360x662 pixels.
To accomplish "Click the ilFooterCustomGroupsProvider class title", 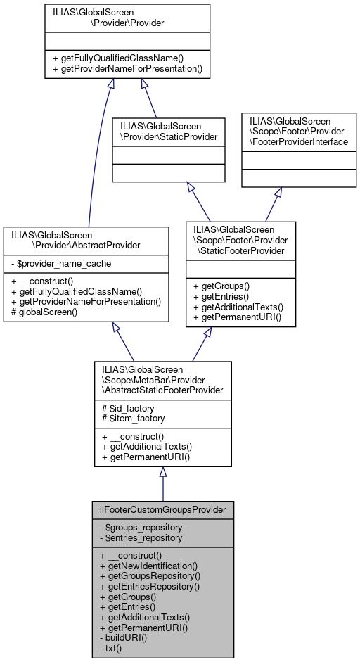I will coord(162,509).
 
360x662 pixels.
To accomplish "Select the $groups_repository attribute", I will coord(141,527).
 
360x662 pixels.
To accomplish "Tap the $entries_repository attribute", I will coord(141,537).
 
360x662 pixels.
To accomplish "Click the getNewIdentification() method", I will coord(149,565).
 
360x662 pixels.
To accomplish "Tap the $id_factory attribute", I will coord(129,408).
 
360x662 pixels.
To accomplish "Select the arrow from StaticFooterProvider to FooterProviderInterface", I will coord(271,203).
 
